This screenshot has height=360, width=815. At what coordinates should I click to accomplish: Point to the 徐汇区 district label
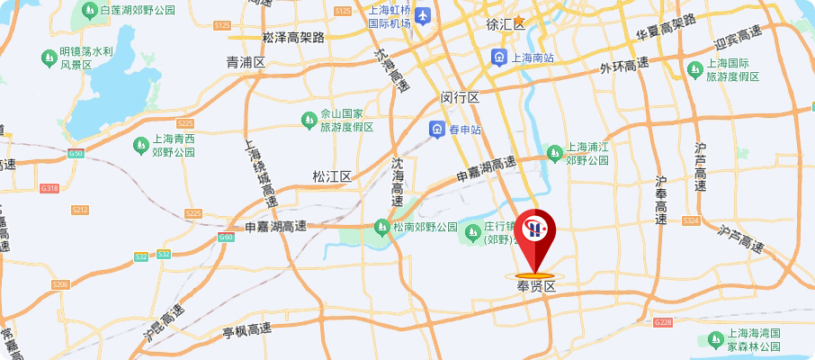coord(504,24)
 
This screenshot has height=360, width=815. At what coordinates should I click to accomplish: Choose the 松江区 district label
coord(331,175)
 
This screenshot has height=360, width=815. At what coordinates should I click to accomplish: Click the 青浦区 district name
coord(246,63)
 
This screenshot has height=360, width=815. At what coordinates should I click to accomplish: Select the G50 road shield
coord(76,154)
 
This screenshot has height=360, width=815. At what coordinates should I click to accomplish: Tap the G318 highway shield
coord(49,188)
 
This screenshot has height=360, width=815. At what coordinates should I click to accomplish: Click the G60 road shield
coord(225,238)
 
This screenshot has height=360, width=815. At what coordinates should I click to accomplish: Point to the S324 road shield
coord(691,220)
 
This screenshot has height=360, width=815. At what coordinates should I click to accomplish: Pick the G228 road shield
coord(664,321)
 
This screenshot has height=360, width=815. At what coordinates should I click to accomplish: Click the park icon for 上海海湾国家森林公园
coord(716,338)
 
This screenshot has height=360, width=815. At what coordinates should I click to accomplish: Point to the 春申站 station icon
coord(436,130)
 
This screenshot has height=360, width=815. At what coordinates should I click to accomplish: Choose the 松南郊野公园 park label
coord(425,227)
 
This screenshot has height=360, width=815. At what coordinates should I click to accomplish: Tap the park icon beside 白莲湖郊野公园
coord(89,11)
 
